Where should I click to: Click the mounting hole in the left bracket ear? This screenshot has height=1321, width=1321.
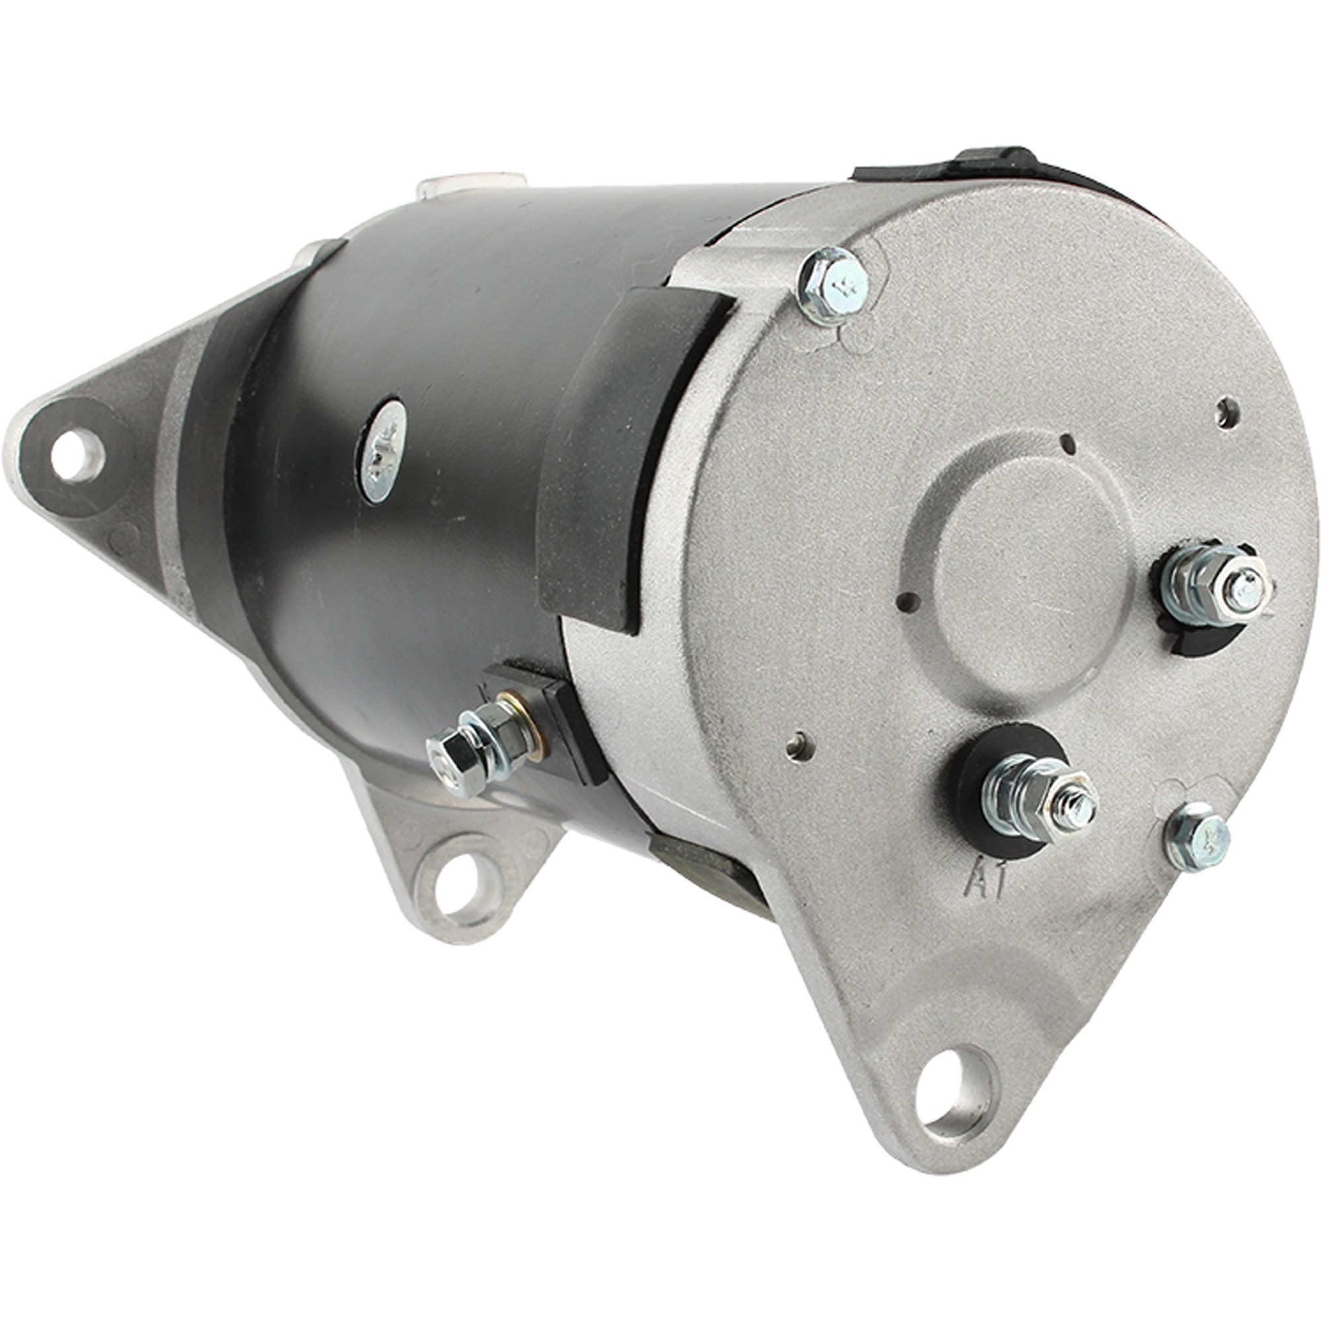click(x=77, y=454)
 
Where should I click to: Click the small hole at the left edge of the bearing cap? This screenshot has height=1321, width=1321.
click(x=907, y=602)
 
